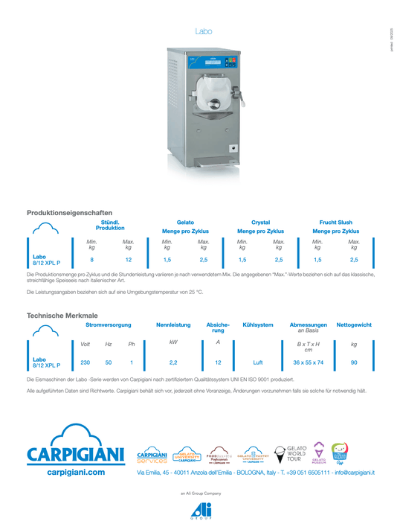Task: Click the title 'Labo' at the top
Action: [x=203, y=31]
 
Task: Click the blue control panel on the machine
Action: [x=211, y=63]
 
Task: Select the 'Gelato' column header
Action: [x=185, y=223]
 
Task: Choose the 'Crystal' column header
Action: [x=260, y=223]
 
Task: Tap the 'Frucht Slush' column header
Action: [x=335, y=223]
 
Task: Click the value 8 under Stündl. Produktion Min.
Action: [x=91, y=260]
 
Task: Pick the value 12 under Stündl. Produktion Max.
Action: [x=129, y=260]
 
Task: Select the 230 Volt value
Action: [x=86, y=362]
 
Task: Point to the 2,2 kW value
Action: [x=173, y=362]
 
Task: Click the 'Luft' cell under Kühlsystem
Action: [x=258, y=362]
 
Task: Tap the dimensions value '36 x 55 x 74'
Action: [x=308, y=362]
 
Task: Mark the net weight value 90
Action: [x=353, y=362]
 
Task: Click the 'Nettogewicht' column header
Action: [x=353, y=325]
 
